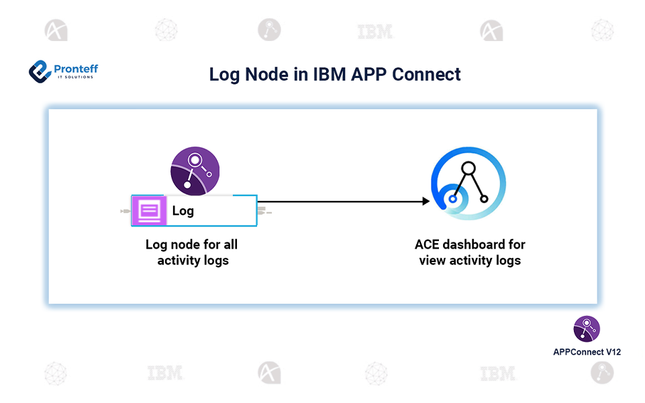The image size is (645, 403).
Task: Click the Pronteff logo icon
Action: pyautogui.click(x=40, y=71)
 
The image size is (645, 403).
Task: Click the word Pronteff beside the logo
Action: pyautogui.click(x=75, y=68)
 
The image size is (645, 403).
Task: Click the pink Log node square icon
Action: pyautogui.click(x=149, y=211)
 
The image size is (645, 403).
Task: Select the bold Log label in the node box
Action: pyautogui.click(x=183, y=211)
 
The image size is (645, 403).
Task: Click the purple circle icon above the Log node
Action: pyautogui.click(x=195, y=171)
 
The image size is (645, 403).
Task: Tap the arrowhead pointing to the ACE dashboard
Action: pyautogui.click(x=425, y=201)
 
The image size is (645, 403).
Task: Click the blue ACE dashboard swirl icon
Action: pyautogui.click(x=468, y=183)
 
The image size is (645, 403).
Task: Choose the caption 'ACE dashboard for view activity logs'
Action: pyautogui.click(x=470, y=253)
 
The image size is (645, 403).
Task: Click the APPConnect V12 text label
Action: pyautogui.click(x=587, y=351)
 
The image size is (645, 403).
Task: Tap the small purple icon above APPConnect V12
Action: pyautogui.click(x=587, y=329)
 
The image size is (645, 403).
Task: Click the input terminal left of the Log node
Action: pyautogui.click(x=125, y=212)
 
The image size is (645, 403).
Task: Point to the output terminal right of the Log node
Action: pyautogui.click(x=264, y=212)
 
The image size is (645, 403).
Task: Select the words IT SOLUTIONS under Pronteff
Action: pyautogui.click(x=75, y=77)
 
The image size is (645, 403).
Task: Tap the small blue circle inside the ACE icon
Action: pyautogui.click(x=454, y=199)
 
